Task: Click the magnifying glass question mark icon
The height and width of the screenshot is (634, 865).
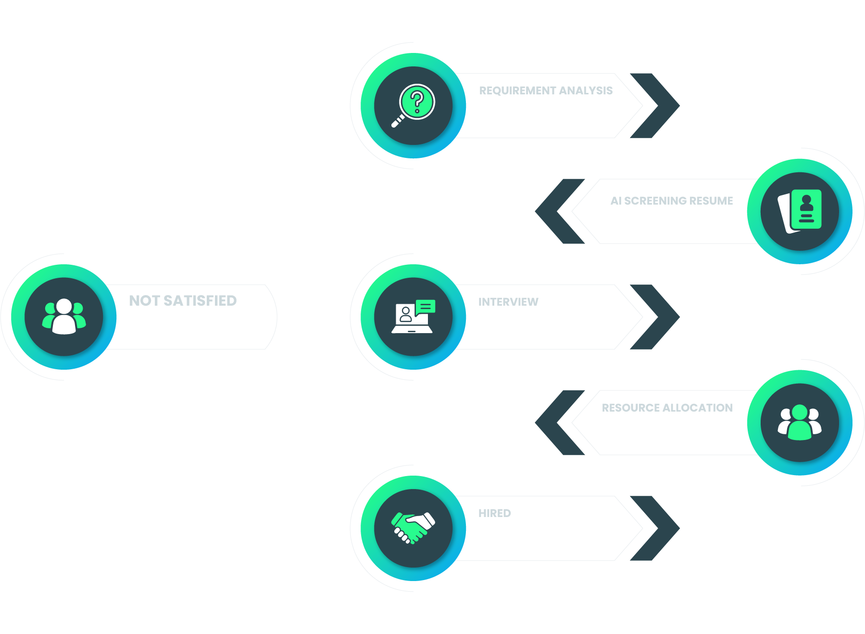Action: coord(414,105)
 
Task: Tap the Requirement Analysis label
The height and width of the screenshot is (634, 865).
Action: coord(546,91)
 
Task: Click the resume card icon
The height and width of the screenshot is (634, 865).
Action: coord(800,211)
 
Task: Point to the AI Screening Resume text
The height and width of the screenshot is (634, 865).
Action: coord(671,201)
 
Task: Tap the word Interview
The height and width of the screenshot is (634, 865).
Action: coord(508,302)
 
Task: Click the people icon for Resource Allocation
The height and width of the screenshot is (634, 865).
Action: coord(800,423)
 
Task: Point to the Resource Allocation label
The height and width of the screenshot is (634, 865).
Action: coord(667,408)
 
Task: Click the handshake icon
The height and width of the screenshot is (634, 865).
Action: coord(413,528)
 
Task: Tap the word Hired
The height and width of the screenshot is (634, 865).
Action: coord(494,513)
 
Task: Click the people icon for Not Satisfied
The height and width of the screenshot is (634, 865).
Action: coord(64,317)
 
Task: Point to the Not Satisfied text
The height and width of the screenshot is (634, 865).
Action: coord(183,301)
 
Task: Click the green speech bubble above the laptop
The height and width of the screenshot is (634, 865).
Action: coord(426,306)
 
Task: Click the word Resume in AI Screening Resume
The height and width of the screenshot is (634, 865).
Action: coord(711,201)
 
